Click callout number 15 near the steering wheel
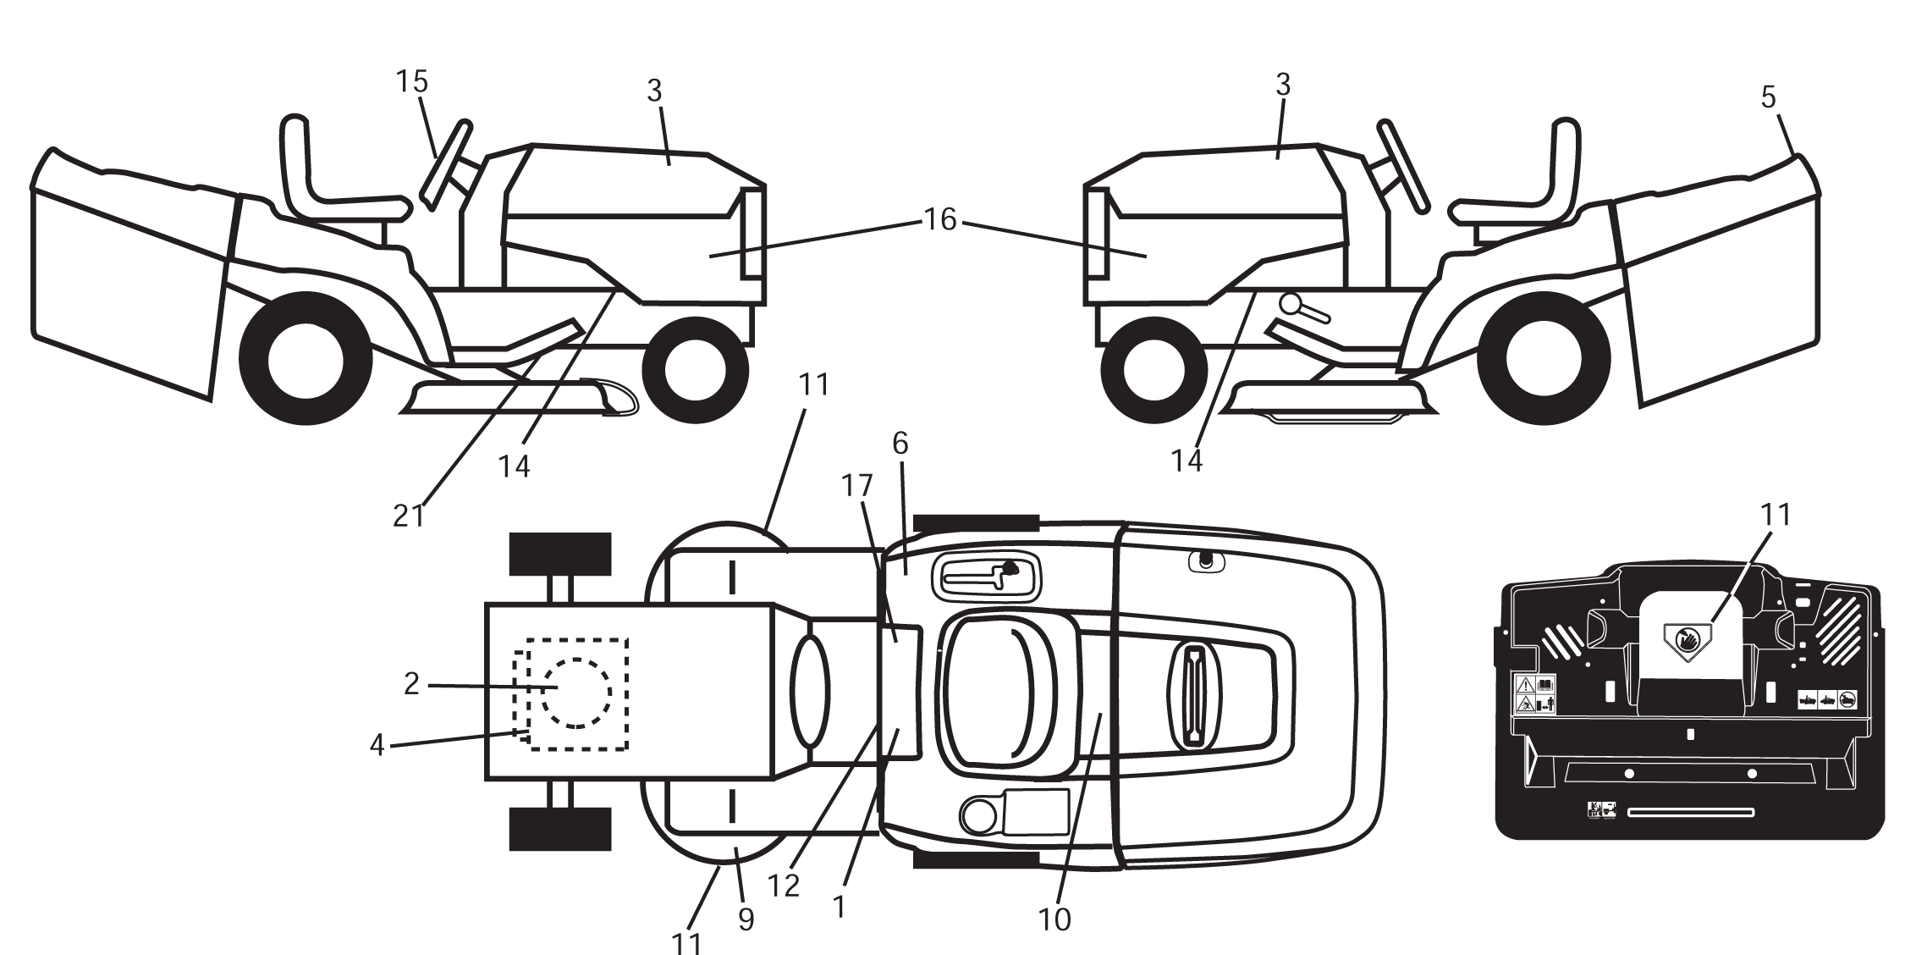pos(412,82)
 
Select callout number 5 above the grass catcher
pos(1769,97)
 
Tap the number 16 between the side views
pos(939,220)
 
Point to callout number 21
pos(409,516)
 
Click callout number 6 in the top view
pos(900,443)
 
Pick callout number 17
pos(857,485)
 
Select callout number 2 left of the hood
pos(411,684)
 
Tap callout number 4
pos(377,746)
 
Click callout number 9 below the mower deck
pos(746,919)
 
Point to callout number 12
pos(784,886)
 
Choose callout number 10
pos(1054,919)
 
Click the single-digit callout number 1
pos(839,907)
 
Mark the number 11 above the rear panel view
pos(1776,514)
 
